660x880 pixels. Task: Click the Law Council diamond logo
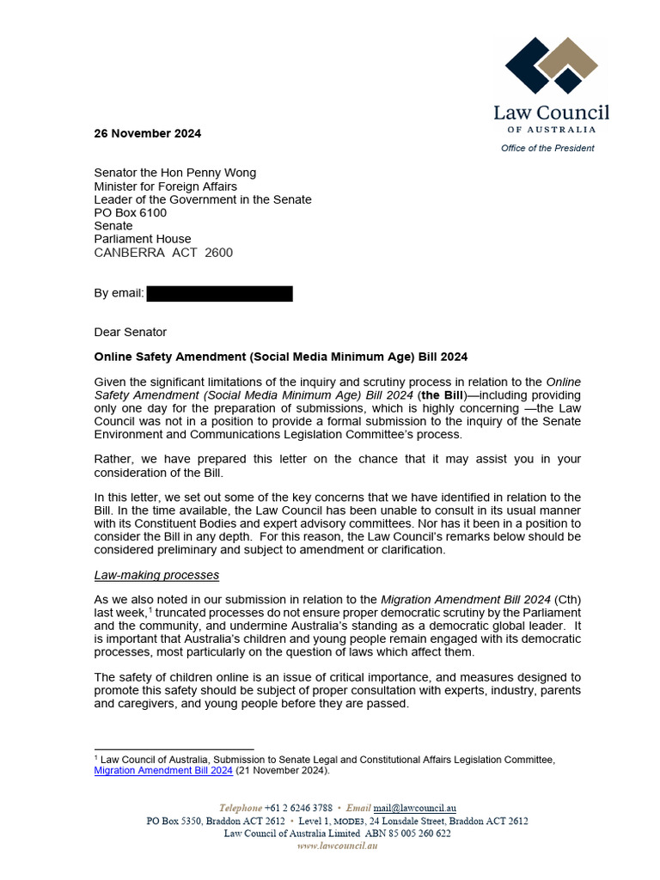pos(551,67)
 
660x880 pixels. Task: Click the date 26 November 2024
pos(147,133)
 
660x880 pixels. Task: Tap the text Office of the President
pos(547,148)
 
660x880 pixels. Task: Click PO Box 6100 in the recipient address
pos(130,212)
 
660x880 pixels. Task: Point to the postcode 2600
pos(218,253)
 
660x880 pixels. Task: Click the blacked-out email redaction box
pos(219,294)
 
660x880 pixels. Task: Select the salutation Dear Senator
pos(130,332)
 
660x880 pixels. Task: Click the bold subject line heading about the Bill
pos(280,357)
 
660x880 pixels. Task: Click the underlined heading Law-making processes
pos(156,574)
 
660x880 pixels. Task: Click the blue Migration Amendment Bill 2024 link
pos(163,771)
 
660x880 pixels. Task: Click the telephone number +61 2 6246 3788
pos(299,808)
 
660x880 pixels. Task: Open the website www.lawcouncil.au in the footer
pos(337,846)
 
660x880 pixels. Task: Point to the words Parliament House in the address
pos(143,239)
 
